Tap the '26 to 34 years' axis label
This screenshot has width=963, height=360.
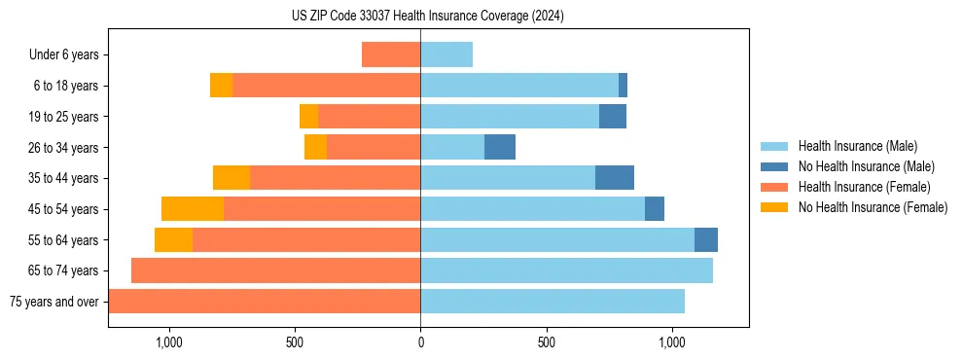[65, 148]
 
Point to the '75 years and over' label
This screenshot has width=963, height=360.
[54, 302]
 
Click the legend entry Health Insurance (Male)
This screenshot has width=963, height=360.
[857, 146]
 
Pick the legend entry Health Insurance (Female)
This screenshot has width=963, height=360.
[864, 187]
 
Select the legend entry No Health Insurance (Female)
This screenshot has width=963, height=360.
[873, 207]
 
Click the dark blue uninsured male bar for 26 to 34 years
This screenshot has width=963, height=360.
[500, 147]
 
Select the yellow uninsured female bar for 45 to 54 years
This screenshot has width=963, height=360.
[193, 209]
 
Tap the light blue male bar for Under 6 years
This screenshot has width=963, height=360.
[446, 55]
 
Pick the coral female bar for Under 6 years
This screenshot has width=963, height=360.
[391, 55]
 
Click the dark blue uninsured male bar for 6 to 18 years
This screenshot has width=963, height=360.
[623, 86]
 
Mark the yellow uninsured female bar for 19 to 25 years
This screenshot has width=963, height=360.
[308, 117]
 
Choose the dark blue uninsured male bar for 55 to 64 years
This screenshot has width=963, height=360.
[706, 240]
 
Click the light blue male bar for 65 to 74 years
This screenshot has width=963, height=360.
[566, 270]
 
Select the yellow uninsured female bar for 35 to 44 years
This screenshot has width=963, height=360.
[232, 178]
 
